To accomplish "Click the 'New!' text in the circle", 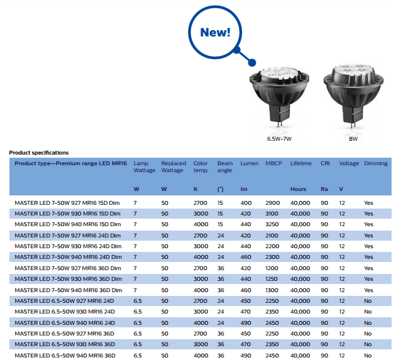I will [x=215, y=32].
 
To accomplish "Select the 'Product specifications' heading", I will [x=38, y=153].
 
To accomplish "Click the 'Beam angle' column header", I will [x=224, y=166].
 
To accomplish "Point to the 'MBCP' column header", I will [x=273, y=163].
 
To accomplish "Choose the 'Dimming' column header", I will [x=376, y=163].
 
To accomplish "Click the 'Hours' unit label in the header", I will [x=298, y=189].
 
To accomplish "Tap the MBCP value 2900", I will [x=273, y=204].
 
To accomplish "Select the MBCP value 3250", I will [x=273, y=225].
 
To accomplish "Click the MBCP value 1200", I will [x=273, y=268].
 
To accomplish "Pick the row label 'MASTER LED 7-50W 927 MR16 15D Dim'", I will [x=68, y=204].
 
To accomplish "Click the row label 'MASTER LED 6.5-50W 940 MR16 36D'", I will [x=65, y=356].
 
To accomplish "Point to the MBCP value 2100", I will [x=273, y=236].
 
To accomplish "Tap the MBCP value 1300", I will [x=273, y=290].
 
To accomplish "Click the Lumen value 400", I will [x=246, y=204].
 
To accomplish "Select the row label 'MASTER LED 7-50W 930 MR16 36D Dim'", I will [x=68, y=279].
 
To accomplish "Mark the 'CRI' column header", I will [x=324, y=163].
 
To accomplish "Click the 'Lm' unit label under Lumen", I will [x=243, y=189].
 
